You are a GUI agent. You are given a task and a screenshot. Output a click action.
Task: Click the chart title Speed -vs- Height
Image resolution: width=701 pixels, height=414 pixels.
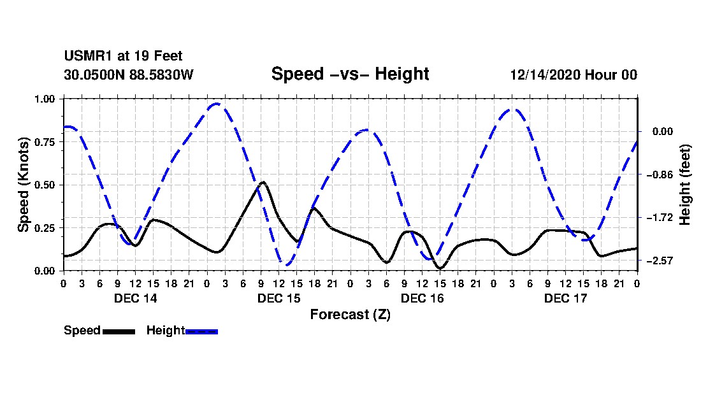click(x=350, y=74)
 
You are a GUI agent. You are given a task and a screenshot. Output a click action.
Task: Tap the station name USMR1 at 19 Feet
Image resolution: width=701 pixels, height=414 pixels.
click(x=124, y=56)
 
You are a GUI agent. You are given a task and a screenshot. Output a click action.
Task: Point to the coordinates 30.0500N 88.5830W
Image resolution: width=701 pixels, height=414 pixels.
click(x=129, y=75)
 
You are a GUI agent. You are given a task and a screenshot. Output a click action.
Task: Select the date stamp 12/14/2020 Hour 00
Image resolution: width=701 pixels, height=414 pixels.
click(x=574, y=75)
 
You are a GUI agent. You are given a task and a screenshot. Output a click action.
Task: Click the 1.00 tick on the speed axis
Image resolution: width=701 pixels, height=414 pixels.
click(x=44, y=99)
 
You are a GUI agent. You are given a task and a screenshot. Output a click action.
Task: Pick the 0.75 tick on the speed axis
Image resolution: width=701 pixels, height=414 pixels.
click(x=44, y=142)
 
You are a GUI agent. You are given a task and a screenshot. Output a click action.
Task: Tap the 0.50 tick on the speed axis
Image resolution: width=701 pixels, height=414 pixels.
click(x=44, y=185)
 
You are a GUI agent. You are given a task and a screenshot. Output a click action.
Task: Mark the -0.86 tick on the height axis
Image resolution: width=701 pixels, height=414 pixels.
click(x=660, y=175)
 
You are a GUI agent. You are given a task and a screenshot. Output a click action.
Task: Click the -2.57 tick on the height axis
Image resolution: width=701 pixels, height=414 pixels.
click(x=660, y=261)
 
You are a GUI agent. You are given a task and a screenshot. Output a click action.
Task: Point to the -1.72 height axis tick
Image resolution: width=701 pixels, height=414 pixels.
click(x=660, y=218)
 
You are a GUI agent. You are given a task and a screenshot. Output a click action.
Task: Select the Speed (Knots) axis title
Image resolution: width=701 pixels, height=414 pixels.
click(x=23, y=185)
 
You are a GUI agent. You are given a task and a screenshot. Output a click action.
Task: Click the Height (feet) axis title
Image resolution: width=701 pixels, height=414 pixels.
click(x=685, y=185)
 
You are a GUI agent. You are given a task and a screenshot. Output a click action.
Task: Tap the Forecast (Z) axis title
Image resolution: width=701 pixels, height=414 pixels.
click(x=350, y=315)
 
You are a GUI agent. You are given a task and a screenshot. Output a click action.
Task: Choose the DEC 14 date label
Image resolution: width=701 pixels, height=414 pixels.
click(x=136, y=298)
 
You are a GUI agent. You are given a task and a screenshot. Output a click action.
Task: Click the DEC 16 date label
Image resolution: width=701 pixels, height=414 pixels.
click(x=423, y=298)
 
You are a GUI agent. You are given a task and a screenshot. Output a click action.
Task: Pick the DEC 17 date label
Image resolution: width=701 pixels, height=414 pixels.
click(x=565, y=298)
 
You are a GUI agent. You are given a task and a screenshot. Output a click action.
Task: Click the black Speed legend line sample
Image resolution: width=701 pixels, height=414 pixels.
click(x=119, y=331)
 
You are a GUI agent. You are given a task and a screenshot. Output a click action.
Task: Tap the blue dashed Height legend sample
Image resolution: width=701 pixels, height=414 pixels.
click(x=201, y=331)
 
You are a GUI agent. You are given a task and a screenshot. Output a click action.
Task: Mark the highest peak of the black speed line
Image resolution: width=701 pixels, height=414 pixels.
click(x=263, y=182)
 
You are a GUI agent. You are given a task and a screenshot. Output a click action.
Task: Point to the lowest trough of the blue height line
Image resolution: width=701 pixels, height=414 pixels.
click(x=285, y=265)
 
